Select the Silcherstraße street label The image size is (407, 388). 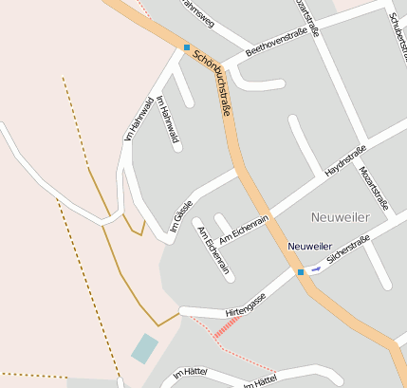click(347, 250)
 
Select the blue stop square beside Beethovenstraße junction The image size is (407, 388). click(187, 47)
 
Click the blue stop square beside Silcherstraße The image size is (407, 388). click(301, 272)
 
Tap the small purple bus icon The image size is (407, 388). click(316, 268)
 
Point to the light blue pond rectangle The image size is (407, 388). click(144, 348)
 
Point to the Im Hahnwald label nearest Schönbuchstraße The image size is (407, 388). click(169, 120)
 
